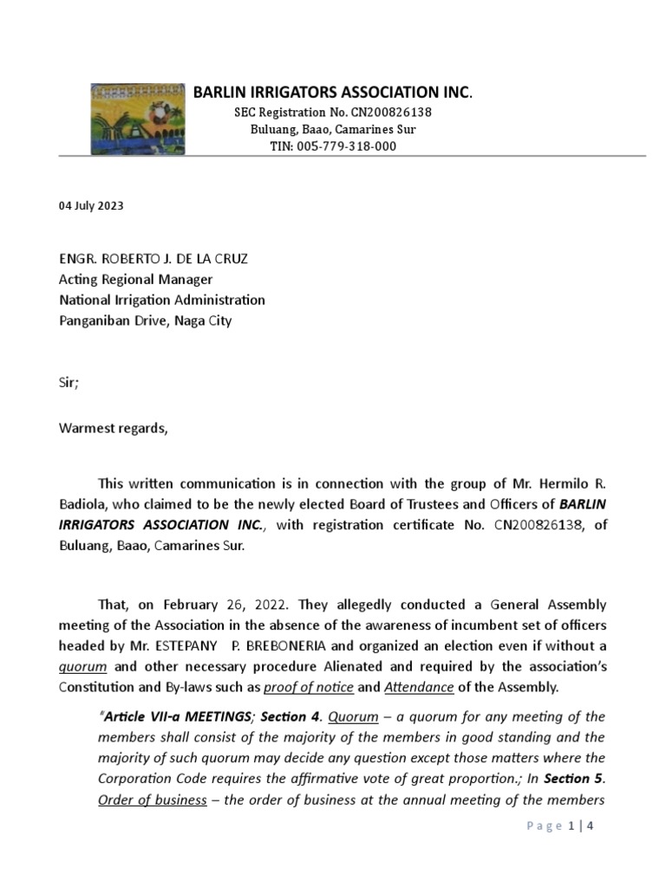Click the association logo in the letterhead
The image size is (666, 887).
coord(138,119)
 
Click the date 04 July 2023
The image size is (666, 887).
coord(91,206)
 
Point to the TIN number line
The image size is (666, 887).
coord(333,146)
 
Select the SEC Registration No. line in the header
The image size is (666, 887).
coord(333,113)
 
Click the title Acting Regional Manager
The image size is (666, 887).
coord(135,280)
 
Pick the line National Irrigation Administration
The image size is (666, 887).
coord(162,300)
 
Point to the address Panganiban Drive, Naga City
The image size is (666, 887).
coord(146,320)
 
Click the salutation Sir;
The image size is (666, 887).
coord(69,383)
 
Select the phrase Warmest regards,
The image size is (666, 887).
coord(113,428)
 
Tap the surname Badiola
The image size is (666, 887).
coord(83,504)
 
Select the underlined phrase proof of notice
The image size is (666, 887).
coord(309,688)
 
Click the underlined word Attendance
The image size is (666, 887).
coord(419,688)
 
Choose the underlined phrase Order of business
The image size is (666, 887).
coord(152,800)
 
